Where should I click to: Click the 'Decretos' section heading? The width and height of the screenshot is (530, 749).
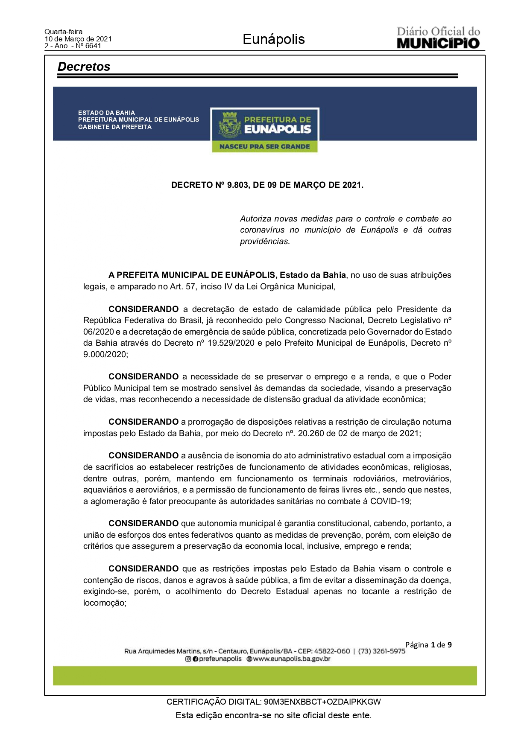pyautogui.click(x=84, y=67)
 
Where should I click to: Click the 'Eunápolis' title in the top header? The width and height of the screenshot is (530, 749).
pyautogui.click(x=273, y=39)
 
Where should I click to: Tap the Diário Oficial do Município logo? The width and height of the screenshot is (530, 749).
pyautogui.click(x=438, y=38)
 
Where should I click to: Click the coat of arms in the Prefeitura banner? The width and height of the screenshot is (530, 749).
pyautogui.click(x=230, y=125)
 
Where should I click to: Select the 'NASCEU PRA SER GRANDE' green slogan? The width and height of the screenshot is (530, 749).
pyautogui.click(x=264, y=146)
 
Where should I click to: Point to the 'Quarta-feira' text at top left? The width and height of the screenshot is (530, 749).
pyautogui.click(x=63, y=32)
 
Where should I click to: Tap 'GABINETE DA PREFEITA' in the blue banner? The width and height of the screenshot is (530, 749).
pyautogui.click(x=114, y=127)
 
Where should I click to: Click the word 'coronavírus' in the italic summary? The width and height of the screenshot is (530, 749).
pyautogui.click(x=262, y=230)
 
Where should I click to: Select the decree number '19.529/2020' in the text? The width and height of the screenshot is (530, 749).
pyautogui.click(x=231, y=343)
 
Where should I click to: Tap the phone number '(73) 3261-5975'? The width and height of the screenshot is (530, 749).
pyautogui.click(x=381, y=651)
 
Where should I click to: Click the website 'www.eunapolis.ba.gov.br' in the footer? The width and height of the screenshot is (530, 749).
pyautogui.click(x=292, y=659)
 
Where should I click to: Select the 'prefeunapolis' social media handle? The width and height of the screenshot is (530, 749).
pyautogui.click(x=220, y=659)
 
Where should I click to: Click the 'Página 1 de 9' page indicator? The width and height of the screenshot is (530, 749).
pyautogui.click(x=428, y=645)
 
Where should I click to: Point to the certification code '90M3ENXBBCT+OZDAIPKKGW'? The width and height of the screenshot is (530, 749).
pyautogui.click(x=322, y=702)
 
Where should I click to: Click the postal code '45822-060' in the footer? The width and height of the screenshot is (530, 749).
pyautogui.click(x=332, y=651)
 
